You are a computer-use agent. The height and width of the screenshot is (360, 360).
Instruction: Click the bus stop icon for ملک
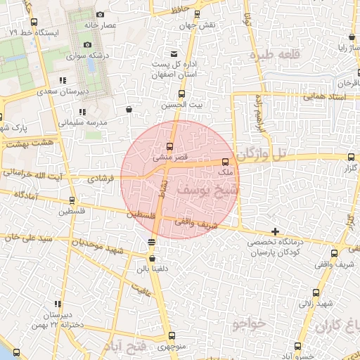[x=224, y=162]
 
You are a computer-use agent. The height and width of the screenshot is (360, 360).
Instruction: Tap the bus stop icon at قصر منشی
[x=169, y=146]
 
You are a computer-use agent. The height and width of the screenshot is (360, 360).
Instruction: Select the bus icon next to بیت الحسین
[x=182, y=94]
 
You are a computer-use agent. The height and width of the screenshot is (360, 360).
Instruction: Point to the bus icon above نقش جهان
[x=196, y=14]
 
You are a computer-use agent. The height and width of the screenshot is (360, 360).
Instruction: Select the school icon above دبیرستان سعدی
[x=63, y=80]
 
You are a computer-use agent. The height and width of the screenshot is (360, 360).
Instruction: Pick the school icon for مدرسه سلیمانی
[x=82, y=112]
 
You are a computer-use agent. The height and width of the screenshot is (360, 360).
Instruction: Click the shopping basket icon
[x=128, y=109]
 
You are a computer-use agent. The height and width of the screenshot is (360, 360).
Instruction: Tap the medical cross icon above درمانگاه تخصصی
[x=275, y=231]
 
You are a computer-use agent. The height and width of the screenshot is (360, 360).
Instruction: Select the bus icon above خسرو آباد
[x=299, y=345]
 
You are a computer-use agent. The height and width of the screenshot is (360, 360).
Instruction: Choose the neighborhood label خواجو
[x=248, y=323]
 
